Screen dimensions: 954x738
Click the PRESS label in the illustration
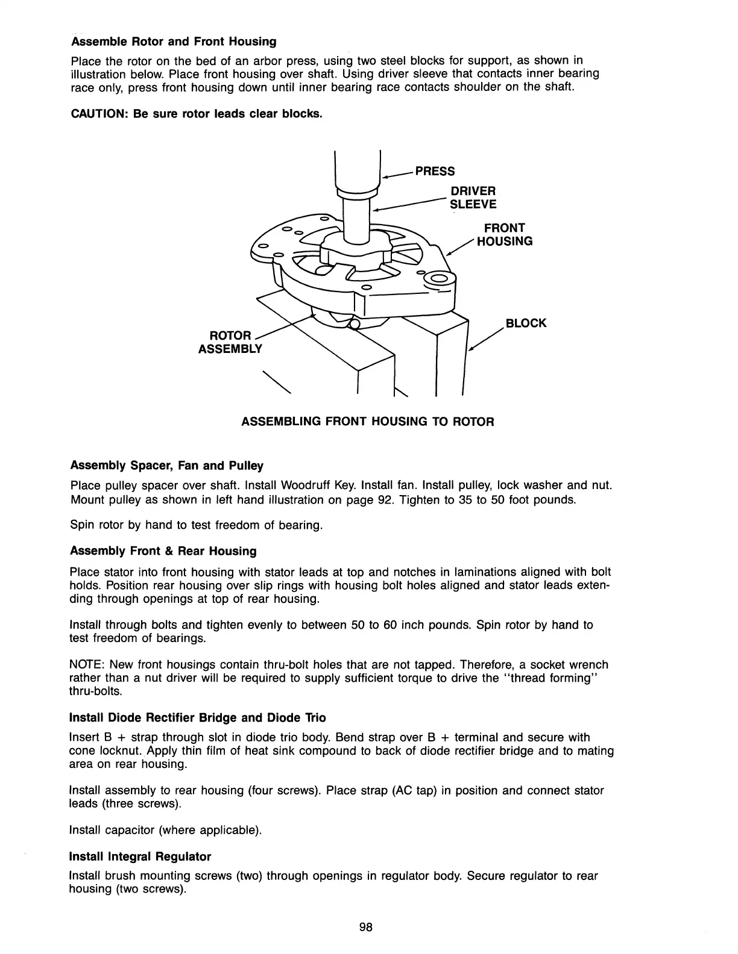tap(435, 171)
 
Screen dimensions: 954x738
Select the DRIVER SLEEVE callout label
tap(473, 198)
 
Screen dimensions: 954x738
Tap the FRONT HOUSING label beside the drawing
tap(505, 234)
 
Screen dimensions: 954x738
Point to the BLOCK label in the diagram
tap(526, 323)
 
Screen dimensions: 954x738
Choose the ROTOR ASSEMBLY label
tap(230, 341)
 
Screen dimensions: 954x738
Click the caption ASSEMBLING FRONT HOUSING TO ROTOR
tap(367, 422)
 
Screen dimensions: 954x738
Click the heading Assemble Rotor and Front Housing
tap(174, 42)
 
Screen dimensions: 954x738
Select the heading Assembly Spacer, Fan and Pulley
tap(167, 466)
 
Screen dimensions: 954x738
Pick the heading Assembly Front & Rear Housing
tap(163, 551)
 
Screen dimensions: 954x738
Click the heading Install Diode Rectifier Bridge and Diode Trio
tap(198, 717)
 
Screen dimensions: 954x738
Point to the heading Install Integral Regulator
tap(140, 856)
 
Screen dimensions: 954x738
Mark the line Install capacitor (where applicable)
tap(166, 831)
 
